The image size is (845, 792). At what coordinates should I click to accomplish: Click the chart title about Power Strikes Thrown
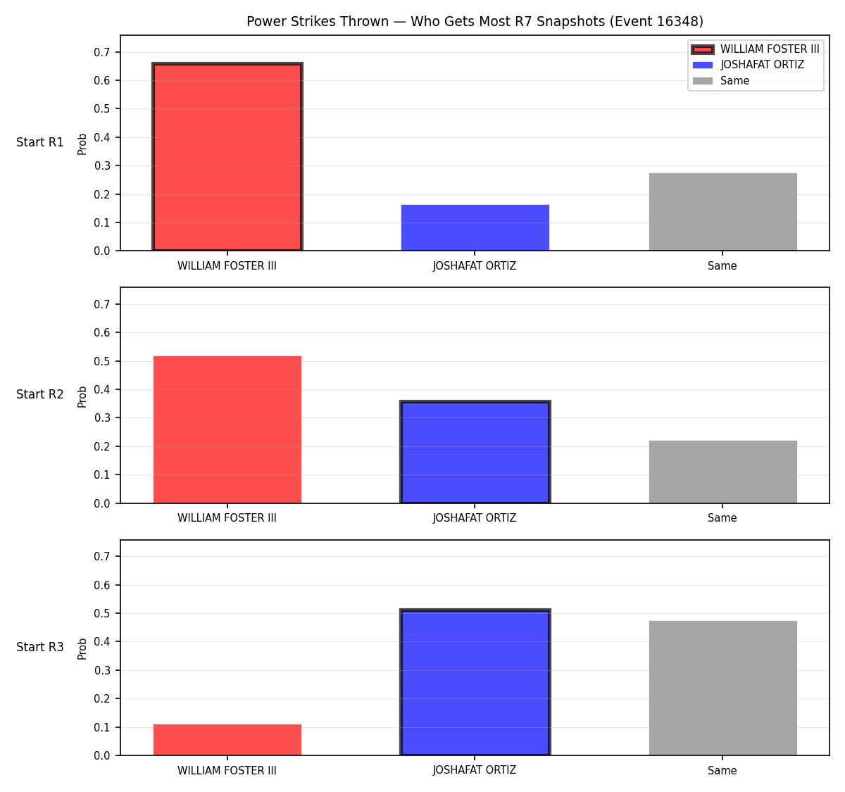(475, 21)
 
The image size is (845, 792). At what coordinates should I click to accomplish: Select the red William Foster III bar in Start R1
(227, 156)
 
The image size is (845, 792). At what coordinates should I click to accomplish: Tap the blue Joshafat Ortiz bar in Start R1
(475, 227)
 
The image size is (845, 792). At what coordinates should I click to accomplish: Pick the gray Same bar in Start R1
(722, 211)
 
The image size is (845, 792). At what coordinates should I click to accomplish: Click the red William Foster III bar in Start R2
(227, 429)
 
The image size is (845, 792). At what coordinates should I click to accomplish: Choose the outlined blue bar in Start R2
(475, 451)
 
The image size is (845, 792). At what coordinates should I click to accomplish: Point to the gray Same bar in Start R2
(722, 472)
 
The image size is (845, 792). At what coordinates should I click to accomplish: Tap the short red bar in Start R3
(227, 739)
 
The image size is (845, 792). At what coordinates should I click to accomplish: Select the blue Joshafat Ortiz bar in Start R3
(475, 682)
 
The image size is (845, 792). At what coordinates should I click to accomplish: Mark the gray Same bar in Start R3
(722, 688)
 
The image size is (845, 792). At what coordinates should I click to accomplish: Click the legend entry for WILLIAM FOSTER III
(756, 49)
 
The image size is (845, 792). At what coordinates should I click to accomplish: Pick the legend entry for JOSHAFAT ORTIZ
(749, 65)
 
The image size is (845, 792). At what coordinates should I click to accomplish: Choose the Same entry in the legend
(721, 81)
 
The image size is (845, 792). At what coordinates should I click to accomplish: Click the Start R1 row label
(40, 142)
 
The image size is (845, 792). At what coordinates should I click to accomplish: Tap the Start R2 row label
(40, 394)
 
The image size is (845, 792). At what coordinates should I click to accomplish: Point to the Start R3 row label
(40, 646)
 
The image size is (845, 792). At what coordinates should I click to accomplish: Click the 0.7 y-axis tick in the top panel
(102, 52)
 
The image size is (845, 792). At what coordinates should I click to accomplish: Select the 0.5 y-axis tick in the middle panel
(102, 361)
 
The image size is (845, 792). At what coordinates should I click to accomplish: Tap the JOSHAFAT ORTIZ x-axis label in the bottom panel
(475, 770)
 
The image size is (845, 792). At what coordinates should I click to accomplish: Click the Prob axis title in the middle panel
(82, 396)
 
